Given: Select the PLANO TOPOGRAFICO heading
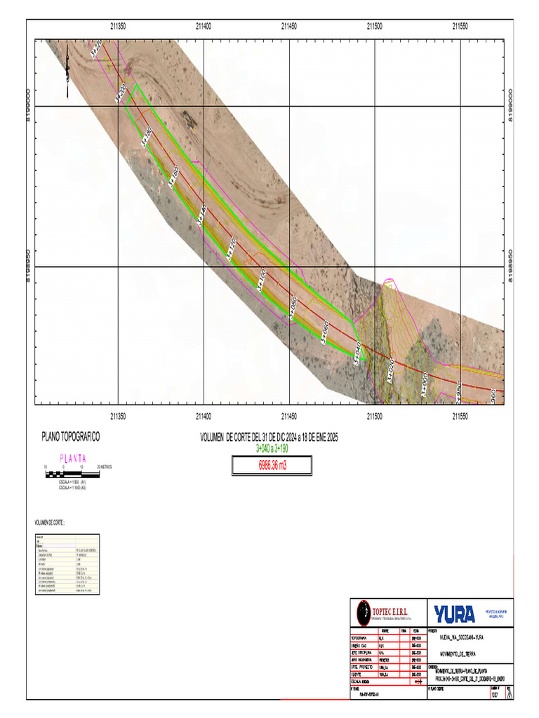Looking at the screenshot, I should coord(70,437).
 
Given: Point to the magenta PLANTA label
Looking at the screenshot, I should coord(73,458).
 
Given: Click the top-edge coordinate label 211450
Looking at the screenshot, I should coord(289,26).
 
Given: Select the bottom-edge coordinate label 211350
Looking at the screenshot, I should coord(118,416).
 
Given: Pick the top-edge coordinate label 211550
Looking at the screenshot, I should coord(460,26).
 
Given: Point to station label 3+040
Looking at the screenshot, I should coord(357,353).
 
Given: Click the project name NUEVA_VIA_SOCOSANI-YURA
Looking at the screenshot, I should coord(460,638).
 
